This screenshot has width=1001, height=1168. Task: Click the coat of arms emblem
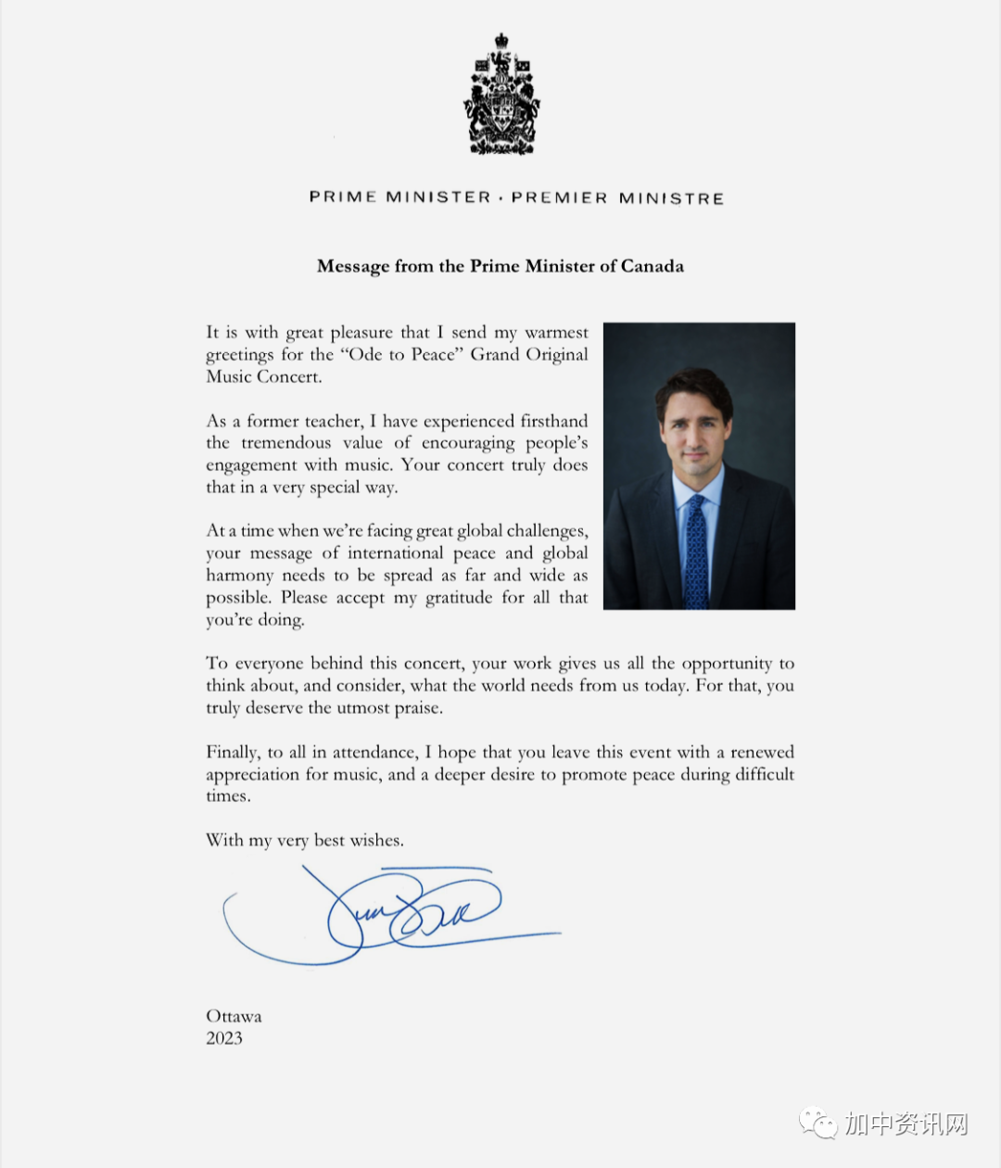500,95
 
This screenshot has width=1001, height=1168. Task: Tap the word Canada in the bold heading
653,266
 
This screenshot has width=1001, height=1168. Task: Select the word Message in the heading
353,267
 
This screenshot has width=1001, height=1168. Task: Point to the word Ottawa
234,1016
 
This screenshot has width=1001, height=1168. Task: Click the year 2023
224,1038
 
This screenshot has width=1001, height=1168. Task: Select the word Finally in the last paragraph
232,753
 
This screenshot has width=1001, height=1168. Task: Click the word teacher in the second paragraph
331,422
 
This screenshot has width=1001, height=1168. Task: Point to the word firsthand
553,421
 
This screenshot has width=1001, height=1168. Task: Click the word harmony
239,576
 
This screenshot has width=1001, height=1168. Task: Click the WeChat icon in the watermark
818,1124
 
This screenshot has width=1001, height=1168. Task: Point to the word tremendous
285,443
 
